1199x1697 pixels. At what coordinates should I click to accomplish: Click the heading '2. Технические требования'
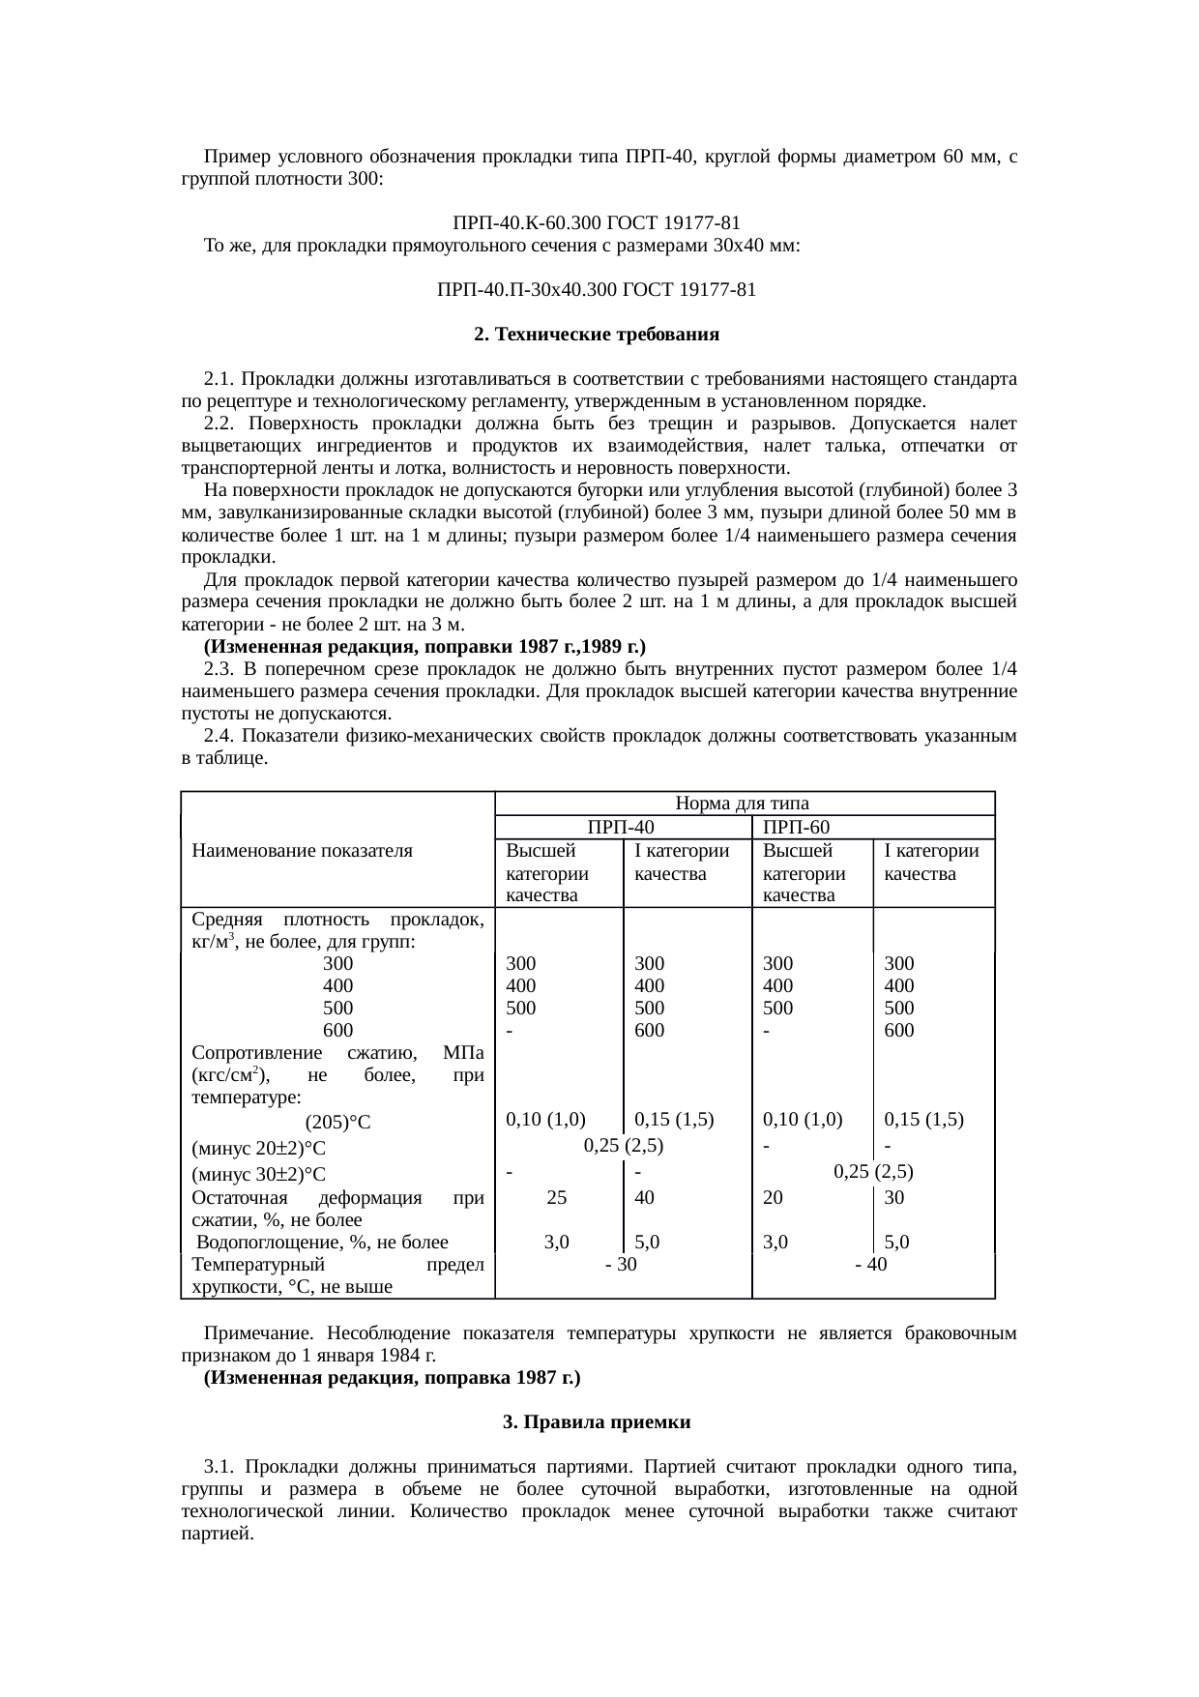click(x=597, y=335)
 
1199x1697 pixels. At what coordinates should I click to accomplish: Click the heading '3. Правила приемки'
click(x=597, y=1422)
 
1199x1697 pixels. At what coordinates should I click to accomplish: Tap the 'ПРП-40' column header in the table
click(x=621, y=828)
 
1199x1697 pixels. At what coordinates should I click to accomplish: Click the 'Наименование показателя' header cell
click(x=303, y=851)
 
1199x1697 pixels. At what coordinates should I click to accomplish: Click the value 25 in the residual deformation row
click(x=557, y=1197)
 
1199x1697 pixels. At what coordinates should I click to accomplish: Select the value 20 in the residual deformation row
click(x=773, y=1197)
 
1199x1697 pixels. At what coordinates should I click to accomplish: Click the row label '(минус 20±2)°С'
click(x=259, y=1149)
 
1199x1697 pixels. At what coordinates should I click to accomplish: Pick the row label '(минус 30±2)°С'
click(x=259, y=1175)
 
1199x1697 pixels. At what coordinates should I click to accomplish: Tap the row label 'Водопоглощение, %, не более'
click(x=323, y=1243)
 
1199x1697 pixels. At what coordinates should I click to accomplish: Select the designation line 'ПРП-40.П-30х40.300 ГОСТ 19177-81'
click(x=597, y=289)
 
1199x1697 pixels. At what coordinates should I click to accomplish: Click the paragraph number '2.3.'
click(x=219, y=669)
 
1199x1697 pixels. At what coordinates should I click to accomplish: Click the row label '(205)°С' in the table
click(x=337, y=1123)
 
